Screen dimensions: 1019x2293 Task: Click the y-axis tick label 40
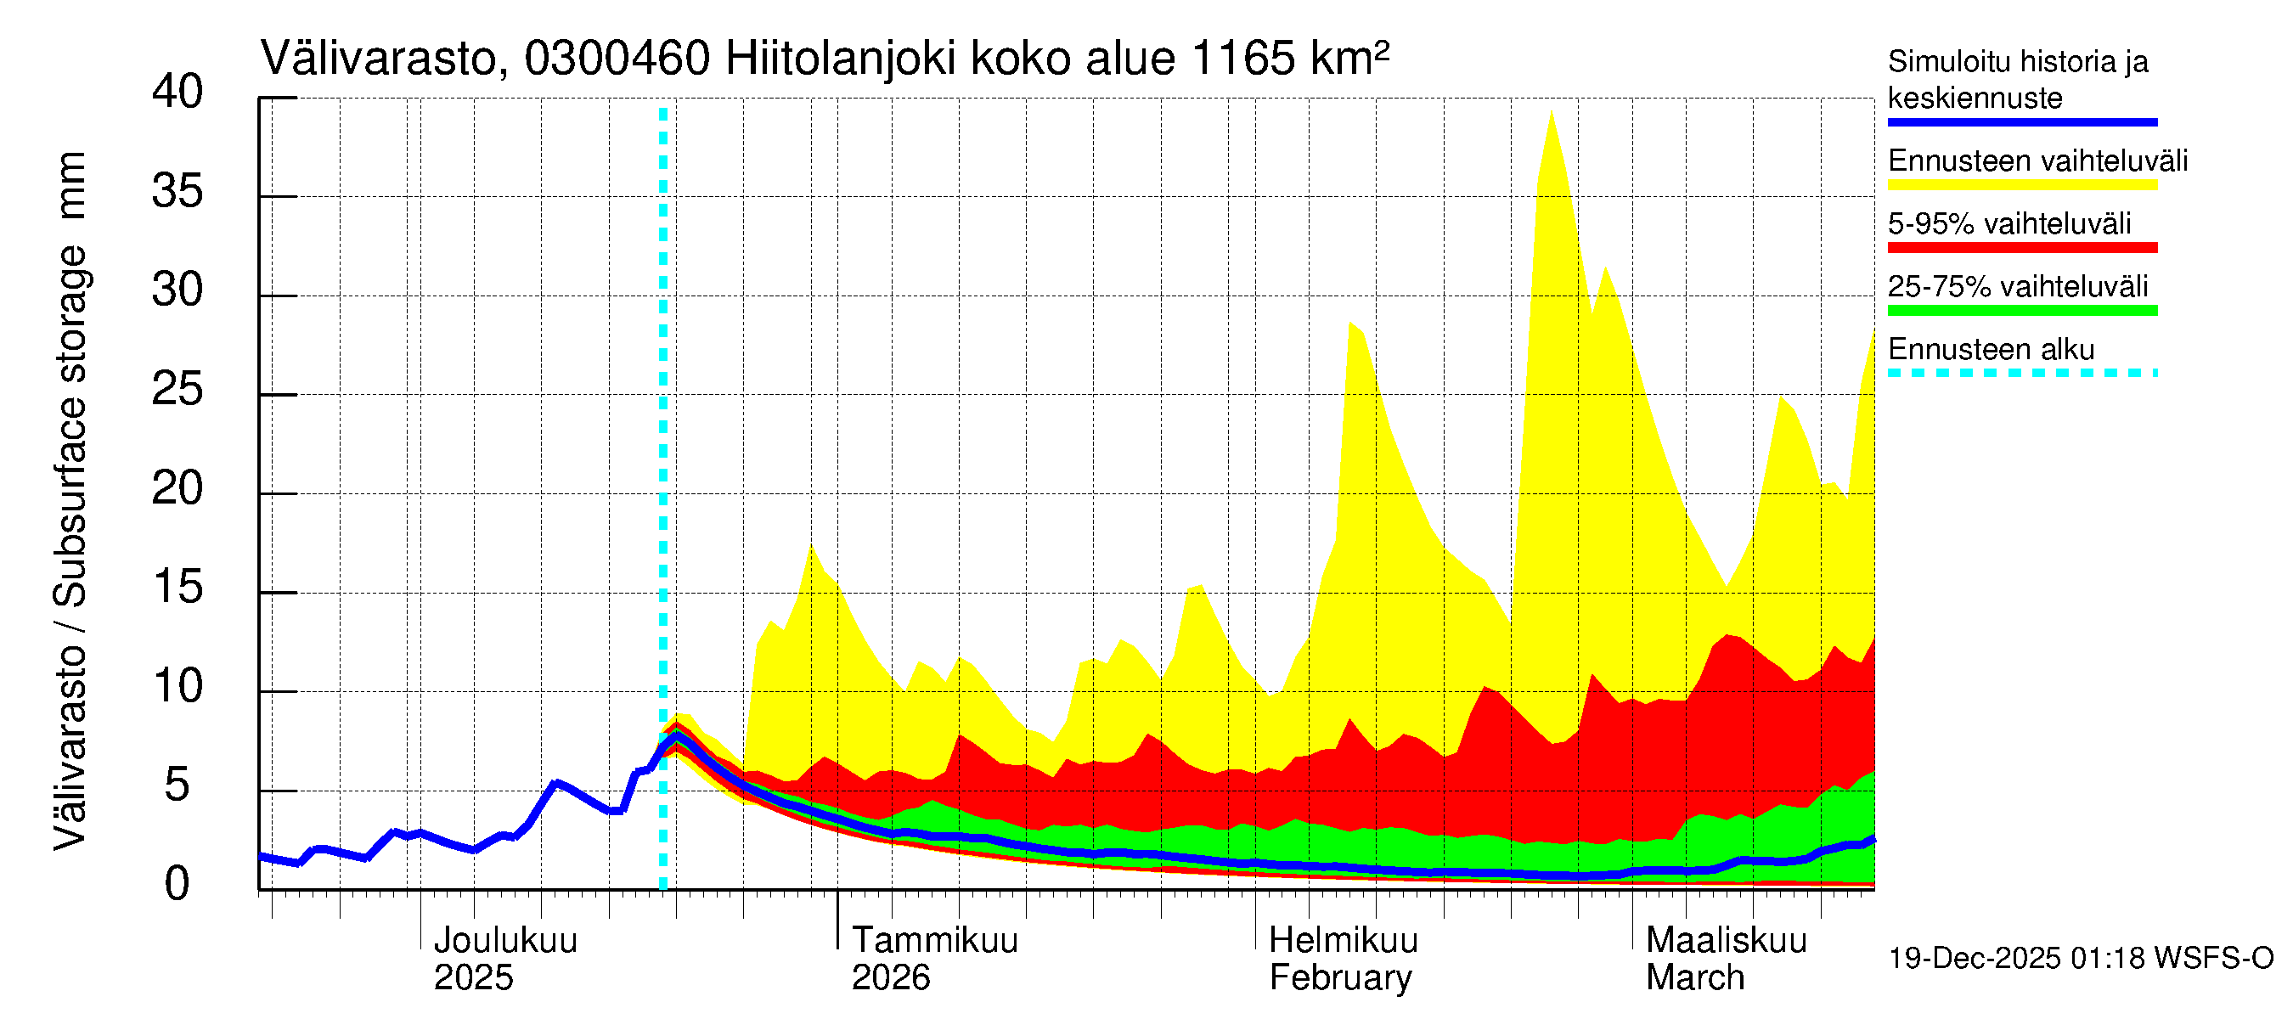(x=177, y=93)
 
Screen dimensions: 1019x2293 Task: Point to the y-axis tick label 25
(x=177, y=390)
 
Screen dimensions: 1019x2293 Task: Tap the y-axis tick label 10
(x=177, y=687)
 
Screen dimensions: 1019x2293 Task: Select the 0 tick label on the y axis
(x=177, y=885)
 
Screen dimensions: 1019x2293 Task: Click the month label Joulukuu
(x=504, y=941)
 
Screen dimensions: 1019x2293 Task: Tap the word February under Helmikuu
(x=1339, y=978)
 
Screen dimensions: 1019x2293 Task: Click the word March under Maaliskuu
(x=1695, y=978)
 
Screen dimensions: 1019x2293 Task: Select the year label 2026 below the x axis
(x=890, y=978)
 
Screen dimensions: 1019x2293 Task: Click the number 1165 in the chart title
(x=1242, y=59)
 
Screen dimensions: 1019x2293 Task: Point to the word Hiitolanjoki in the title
(x=840, y=59)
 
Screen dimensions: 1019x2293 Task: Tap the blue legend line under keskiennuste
(x=2021, y=122)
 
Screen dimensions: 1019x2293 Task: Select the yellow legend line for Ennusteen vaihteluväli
(x=2021, y=185)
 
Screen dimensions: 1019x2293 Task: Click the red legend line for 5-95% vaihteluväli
(x=2021, y=247)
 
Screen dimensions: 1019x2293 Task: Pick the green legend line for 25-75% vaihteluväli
(x=2021, y=311)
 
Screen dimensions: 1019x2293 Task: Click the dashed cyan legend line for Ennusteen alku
(x=2021, y=373)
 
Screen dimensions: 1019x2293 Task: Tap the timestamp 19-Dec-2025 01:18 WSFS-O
(x=2080, y=959)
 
